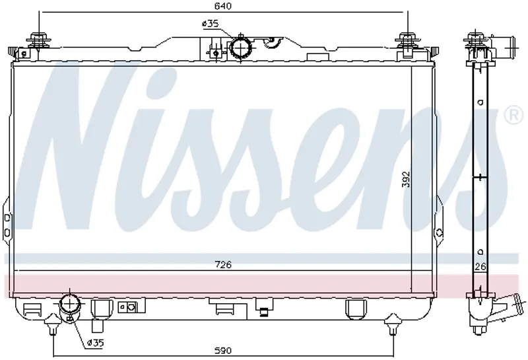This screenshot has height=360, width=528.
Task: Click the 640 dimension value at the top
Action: [x=223, y=6]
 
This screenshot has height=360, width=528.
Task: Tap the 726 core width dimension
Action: [x=223, y=265]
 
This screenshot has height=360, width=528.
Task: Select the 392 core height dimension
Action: [x=407, y=179]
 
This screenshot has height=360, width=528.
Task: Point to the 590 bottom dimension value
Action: [x=223, y=351]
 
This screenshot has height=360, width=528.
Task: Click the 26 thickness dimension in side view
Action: [x=480, y=267]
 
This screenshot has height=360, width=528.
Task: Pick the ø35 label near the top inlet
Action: [x=210, y=24]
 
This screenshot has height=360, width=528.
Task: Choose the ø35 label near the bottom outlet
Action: [x=95, y=343]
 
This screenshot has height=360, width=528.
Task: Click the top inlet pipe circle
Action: [x=241, y=49]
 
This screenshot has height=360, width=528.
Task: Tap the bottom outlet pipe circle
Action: [x=70, y=304]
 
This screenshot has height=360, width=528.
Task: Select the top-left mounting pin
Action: [x=40, y=40]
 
